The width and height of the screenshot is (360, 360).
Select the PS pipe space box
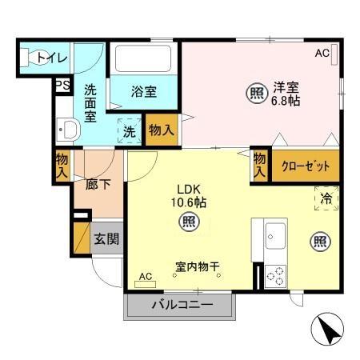tap(62, 84)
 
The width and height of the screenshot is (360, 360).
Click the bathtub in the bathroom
tap(144, 59)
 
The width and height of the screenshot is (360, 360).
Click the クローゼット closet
tap(305, 166)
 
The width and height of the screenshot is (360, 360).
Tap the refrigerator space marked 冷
tap(326, 198)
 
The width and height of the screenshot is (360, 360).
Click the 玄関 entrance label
tap(106, 238)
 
